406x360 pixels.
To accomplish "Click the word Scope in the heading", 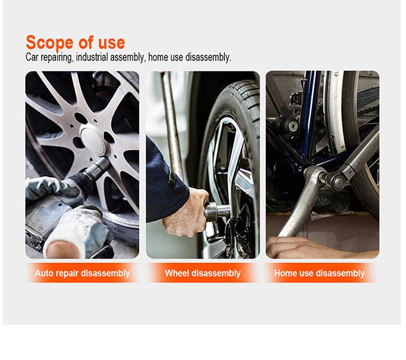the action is (49, 42).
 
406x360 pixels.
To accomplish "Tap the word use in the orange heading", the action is (112, 43).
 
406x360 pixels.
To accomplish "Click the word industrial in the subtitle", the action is (92, 57).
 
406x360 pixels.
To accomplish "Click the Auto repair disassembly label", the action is (82, 273).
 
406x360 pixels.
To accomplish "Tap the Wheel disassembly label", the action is (203, 273).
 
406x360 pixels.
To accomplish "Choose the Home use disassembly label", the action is (319, 273).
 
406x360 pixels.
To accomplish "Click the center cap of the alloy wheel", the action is (92, 140).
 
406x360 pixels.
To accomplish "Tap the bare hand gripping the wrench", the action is (187, 213).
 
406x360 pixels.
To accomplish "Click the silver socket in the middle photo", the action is (217, 212).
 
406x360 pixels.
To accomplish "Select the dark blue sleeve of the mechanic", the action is (166, 184).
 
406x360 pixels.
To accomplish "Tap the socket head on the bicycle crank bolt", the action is (337, 181).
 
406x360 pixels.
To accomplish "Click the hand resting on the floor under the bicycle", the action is (311, 248).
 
